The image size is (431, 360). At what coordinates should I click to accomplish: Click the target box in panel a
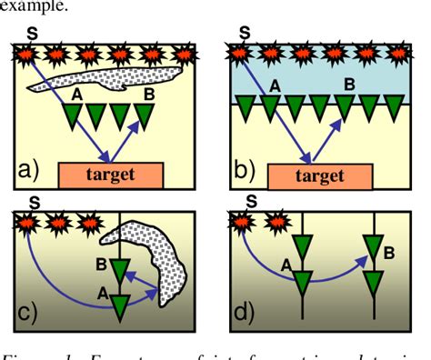110,173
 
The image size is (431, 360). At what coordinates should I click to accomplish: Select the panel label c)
28,311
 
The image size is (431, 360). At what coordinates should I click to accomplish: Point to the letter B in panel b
346,85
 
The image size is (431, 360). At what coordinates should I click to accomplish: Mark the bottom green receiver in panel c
120,306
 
